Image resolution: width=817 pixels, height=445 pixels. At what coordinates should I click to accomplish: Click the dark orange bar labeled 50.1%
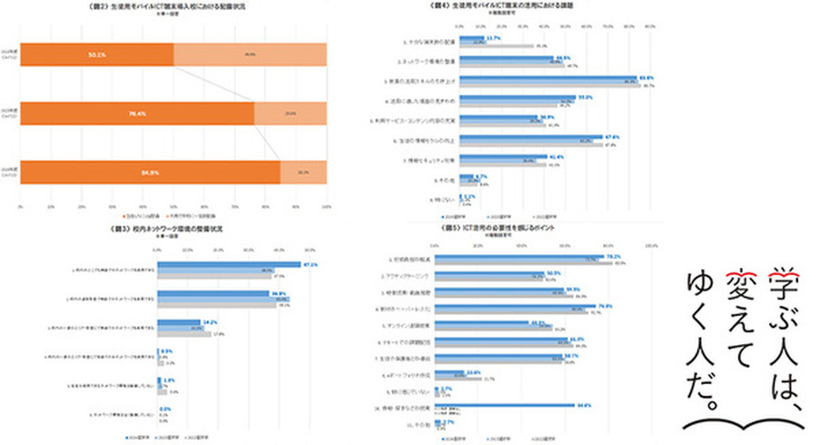point(96,54)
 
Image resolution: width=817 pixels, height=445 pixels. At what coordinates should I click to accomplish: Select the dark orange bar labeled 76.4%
point(136,114)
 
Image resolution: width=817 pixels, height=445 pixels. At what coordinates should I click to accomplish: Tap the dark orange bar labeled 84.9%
point(150,172)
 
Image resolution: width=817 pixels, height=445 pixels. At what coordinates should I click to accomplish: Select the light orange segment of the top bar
point(250,54)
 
